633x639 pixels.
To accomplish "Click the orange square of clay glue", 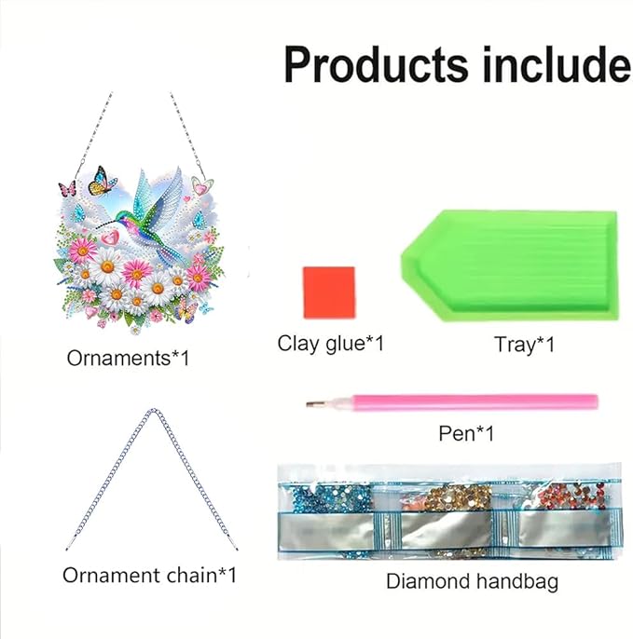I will point(328,291).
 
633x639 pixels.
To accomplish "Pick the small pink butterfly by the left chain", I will point(67,188).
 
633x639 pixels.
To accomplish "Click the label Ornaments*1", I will point(128,358).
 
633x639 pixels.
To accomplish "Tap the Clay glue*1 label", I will point(331,344).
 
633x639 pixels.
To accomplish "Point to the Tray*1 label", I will point(525,345).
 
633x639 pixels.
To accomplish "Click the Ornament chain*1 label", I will point(149,576).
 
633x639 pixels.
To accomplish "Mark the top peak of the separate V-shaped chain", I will point(150,412).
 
